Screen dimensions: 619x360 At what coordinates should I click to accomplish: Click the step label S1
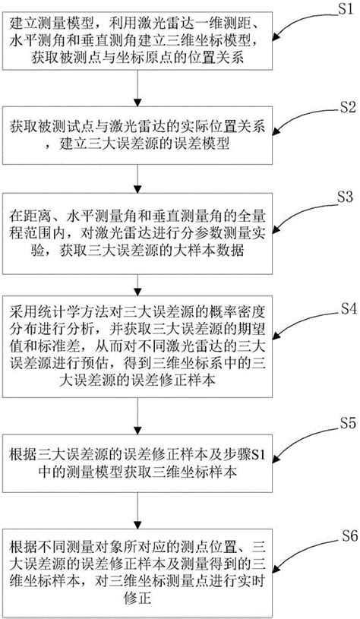(x=335, y=10)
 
